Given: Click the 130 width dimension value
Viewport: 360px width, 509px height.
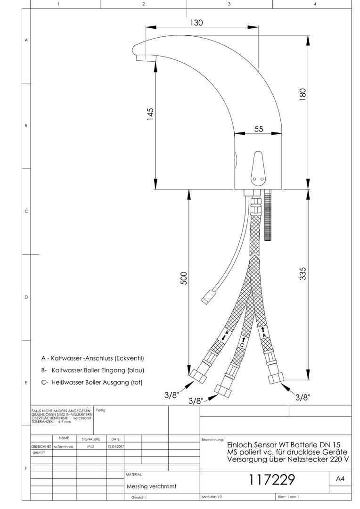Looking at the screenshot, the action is [x=196, y=23].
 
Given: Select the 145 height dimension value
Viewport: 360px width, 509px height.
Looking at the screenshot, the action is [x=150, y=114].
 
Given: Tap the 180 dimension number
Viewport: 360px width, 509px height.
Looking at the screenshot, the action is [x=303, y=94].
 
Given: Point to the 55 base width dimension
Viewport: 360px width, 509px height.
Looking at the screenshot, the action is [x=258, y=129].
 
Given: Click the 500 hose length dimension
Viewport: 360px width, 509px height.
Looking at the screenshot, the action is [x=184, y=278].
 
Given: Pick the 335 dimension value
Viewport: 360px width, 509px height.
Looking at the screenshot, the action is [x=303, y=274].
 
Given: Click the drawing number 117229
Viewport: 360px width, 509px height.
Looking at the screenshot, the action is [x=272, y=479].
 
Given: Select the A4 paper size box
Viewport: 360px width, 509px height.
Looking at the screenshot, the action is [x=340, y=478].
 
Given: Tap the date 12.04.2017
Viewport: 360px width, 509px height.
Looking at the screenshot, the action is [x=115, y=447].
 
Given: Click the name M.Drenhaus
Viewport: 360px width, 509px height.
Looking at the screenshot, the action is [x=63, y=447].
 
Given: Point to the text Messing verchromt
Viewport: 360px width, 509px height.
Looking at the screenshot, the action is [x=151, y=486].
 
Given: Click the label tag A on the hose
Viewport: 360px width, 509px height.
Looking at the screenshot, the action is [x=264, y=332].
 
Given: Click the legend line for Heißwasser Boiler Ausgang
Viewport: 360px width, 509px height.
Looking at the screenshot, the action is [x=92, y=382].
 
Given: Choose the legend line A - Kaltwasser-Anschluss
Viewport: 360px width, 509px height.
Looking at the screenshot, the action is [x=92, y=358].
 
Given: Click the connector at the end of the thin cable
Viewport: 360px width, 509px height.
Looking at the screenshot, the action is [x=207, y=296].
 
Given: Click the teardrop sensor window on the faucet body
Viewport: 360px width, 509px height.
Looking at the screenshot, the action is [x=258, y=167].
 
